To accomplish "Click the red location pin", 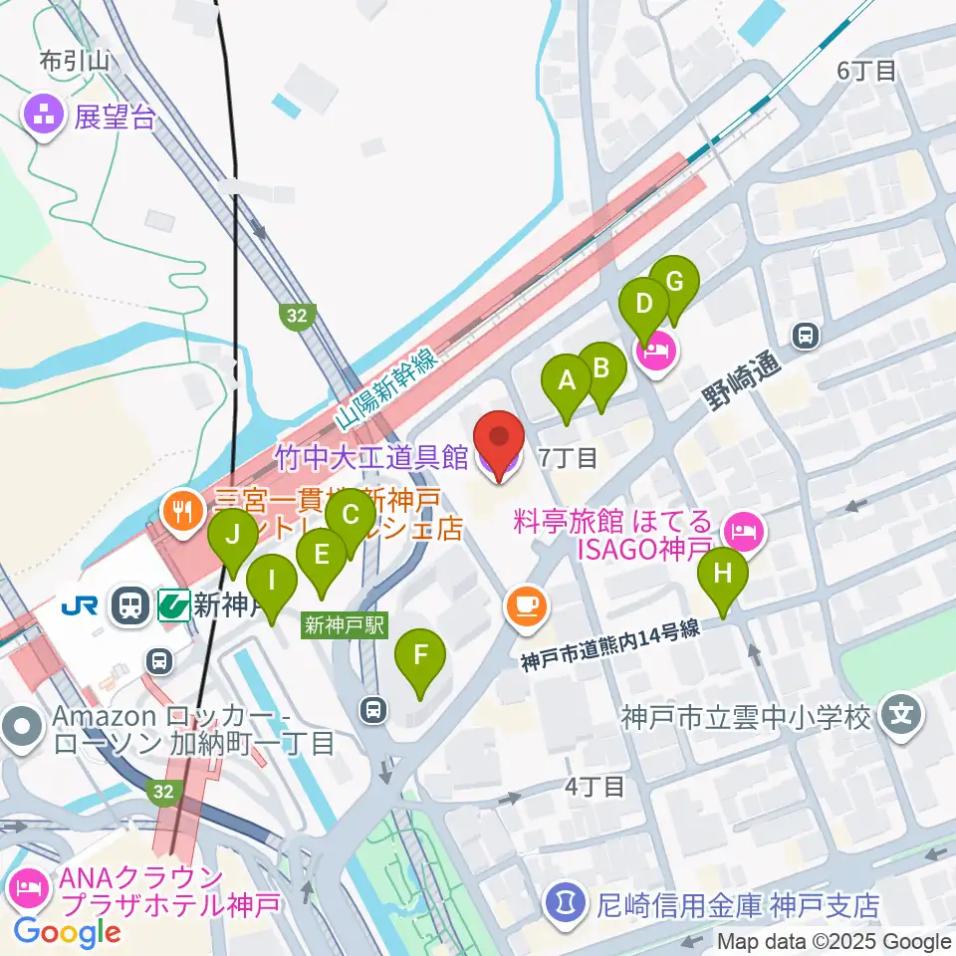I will click(498, 442).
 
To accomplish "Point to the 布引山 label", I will click(73, 63).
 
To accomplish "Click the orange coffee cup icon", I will click(526, 606).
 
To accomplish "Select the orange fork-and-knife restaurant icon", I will click(180, 514).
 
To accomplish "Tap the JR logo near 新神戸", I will click(79, 604).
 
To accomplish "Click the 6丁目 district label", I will click(866, 71).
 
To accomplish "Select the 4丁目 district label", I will click(595, 787).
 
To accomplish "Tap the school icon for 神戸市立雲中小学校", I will click(902, 715).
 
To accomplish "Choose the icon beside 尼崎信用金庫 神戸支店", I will click(565, 904).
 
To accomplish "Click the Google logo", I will click(67, 933).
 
